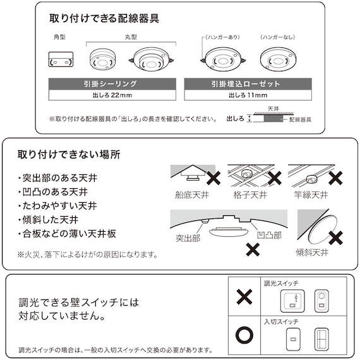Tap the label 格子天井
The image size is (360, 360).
pos(250,195)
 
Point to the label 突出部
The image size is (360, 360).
pos(187,240)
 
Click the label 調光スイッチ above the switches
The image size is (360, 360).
pos(277,283)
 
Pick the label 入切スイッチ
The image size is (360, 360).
pos(277,321)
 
